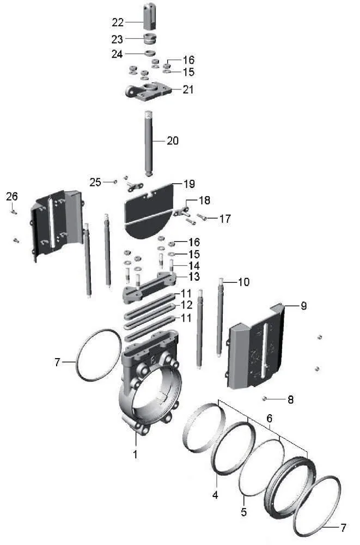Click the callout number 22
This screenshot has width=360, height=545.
(x=118, y=22)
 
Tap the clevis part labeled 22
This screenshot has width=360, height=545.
(x=150, y=17)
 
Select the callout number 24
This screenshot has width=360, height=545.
(x=117, y=54)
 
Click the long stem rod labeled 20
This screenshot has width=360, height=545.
(x=149, y=144)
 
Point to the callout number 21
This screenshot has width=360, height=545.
(x=188, y=89)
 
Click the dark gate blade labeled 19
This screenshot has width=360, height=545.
(x=149, y=211)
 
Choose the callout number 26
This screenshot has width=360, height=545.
(x=12, y=196)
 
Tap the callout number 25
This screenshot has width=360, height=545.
(x=95, y=182)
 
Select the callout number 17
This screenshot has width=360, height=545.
(x=225, y=219)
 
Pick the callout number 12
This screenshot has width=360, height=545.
(x=187, y=305)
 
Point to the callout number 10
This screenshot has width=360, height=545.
(x=243, y=282)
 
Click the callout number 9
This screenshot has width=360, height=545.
(x=304, y=306)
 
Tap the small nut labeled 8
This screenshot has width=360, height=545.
(x=265, y=398)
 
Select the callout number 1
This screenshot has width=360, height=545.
(x=135, y=454)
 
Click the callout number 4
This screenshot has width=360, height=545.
(x=216, y=495)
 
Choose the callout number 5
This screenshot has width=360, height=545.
(x=243, y=512)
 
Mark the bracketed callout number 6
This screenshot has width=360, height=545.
(x=269, y=418)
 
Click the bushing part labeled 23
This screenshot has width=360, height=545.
(x=150, y=38)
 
